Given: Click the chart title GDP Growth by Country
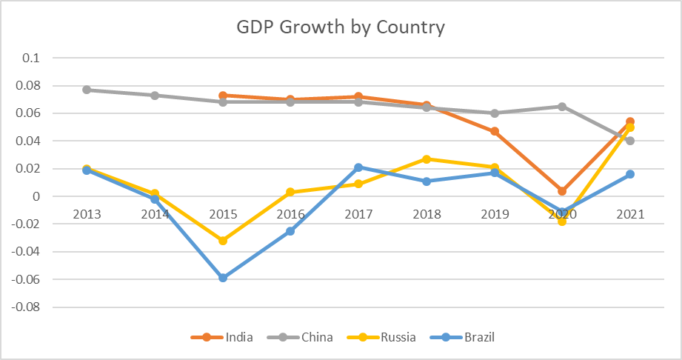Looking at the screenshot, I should click(341, 28).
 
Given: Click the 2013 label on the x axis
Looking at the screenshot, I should click(87, 214).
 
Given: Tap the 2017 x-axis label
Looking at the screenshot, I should click(358, 214).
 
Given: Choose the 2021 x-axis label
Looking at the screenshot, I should click(629, 214).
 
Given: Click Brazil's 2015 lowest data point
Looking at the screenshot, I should click(223, 278).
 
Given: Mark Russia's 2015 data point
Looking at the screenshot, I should click(223, 241).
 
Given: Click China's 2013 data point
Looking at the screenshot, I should click(87, 90).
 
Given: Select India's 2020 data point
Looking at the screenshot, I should click(562, 191).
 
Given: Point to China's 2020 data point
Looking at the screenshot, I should click(562, 107).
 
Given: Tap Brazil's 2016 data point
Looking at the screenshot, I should click(290, 231).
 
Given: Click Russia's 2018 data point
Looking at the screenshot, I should click(427, 159).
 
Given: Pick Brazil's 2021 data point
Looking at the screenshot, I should click(630, 174).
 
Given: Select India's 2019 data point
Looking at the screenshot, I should click(495, 131).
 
